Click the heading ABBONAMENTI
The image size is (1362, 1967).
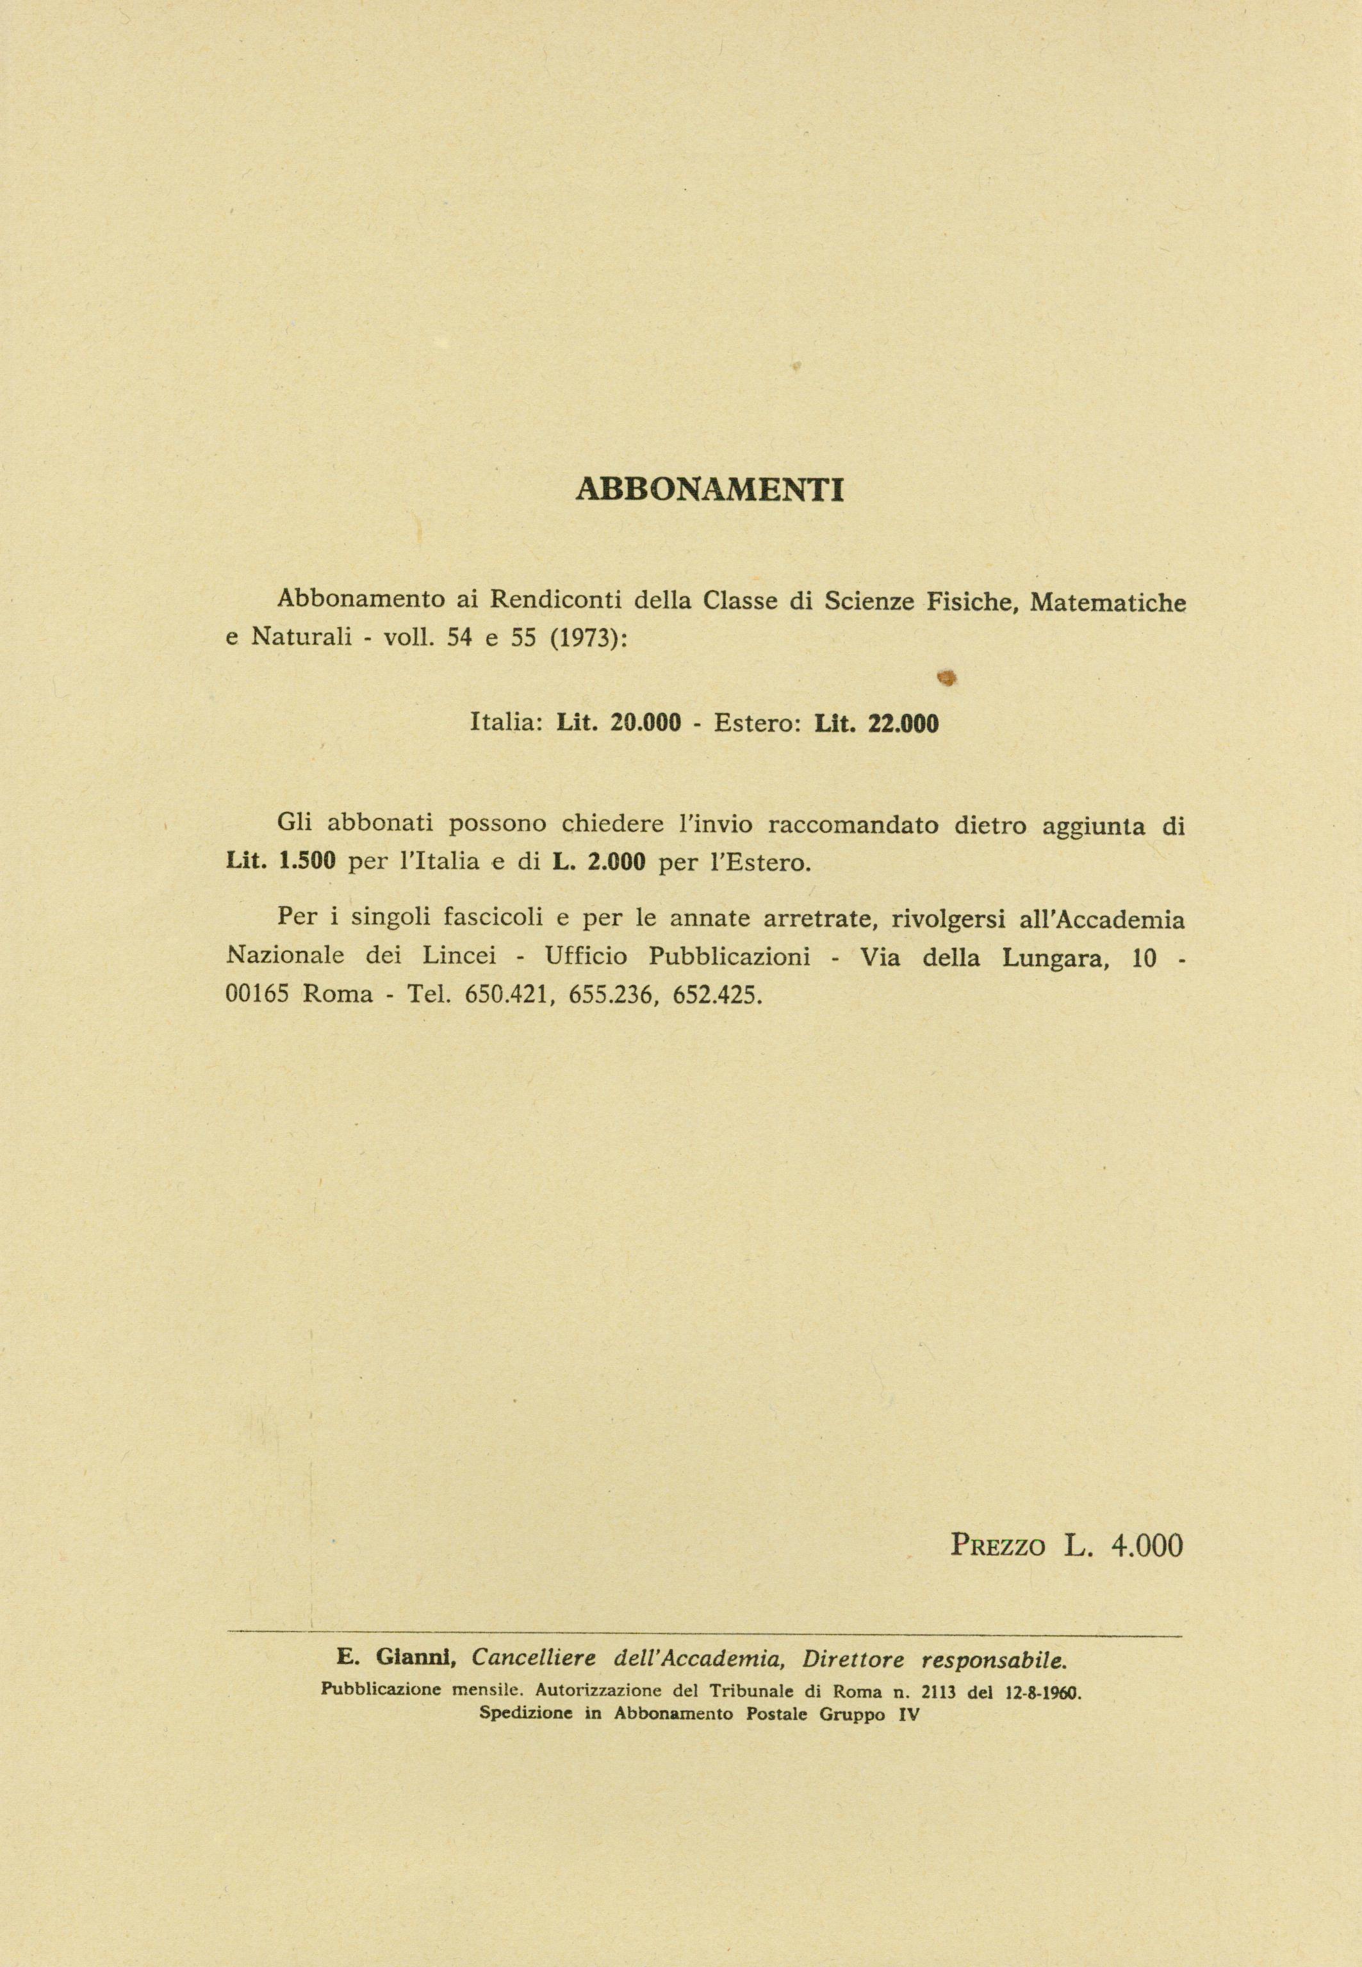[x=710, y=489]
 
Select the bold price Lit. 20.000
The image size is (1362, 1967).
[x=619, y=724]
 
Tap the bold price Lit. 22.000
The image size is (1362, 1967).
[x=876, y=724]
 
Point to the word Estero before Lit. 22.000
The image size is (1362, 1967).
[x=756, y=724]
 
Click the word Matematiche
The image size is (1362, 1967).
[x=1108, y=601]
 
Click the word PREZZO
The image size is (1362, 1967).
[x=997, y=1545]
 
